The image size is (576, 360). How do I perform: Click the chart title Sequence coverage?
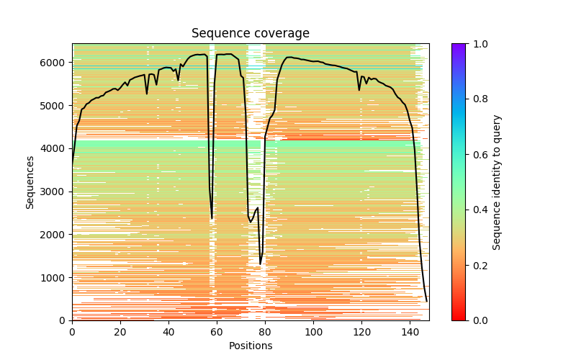click(x=250, y=34)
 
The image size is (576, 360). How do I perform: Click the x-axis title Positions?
click(x=250, y=346)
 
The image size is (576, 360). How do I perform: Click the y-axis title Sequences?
click(x=30, y=182)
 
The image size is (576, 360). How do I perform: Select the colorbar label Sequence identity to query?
click(x=497, y=182)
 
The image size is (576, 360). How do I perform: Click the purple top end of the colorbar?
click(x=459, y=46)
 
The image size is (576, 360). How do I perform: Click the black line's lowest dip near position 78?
click(x=260, y=264)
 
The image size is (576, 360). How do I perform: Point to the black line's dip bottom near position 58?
click(x=212, y=218)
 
